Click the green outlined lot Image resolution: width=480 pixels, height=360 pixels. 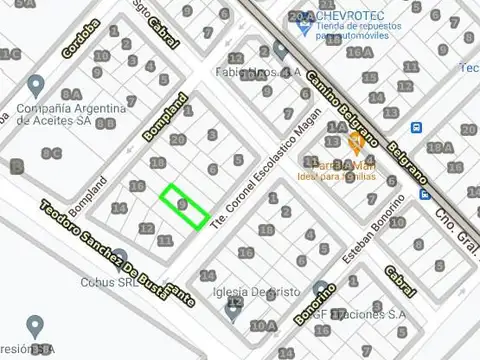(185, 205)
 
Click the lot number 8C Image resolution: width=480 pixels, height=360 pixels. (52, 153)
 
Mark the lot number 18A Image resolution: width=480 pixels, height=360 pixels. (437, 150)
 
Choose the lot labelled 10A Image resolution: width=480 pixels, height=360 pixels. (263, 326)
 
